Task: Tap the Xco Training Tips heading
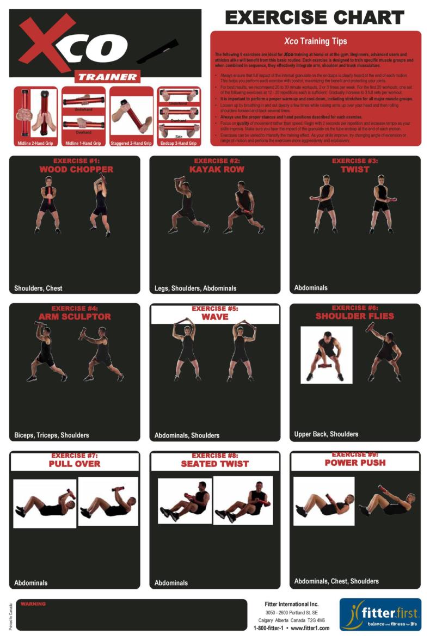pos(315,41)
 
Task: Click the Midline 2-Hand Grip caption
pos(35,143)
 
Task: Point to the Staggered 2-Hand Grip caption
pos(131,143)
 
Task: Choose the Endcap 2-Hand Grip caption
pos(179,143)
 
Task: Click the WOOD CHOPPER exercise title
pos(76,169)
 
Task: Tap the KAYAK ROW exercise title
pos(217,169)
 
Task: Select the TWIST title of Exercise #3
pos(355,169)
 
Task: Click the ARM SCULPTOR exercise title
pos(75,317)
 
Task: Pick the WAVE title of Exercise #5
pos(215,317)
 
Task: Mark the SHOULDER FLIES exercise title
pos(355,316)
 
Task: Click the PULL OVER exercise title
pos(75,464)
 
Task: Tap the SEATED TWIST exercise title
pos(215,464)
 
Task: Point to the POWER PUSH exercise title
pos(355,463)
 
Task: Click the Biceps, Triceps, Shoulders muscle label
pos(52,435)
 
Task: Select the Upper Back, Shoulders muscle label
pos(326,434)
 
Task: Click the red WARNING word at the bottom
pos(34,604)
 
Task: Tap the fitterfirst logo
pos(380,614)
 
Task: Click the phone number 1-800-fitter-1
pos(268,628)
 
